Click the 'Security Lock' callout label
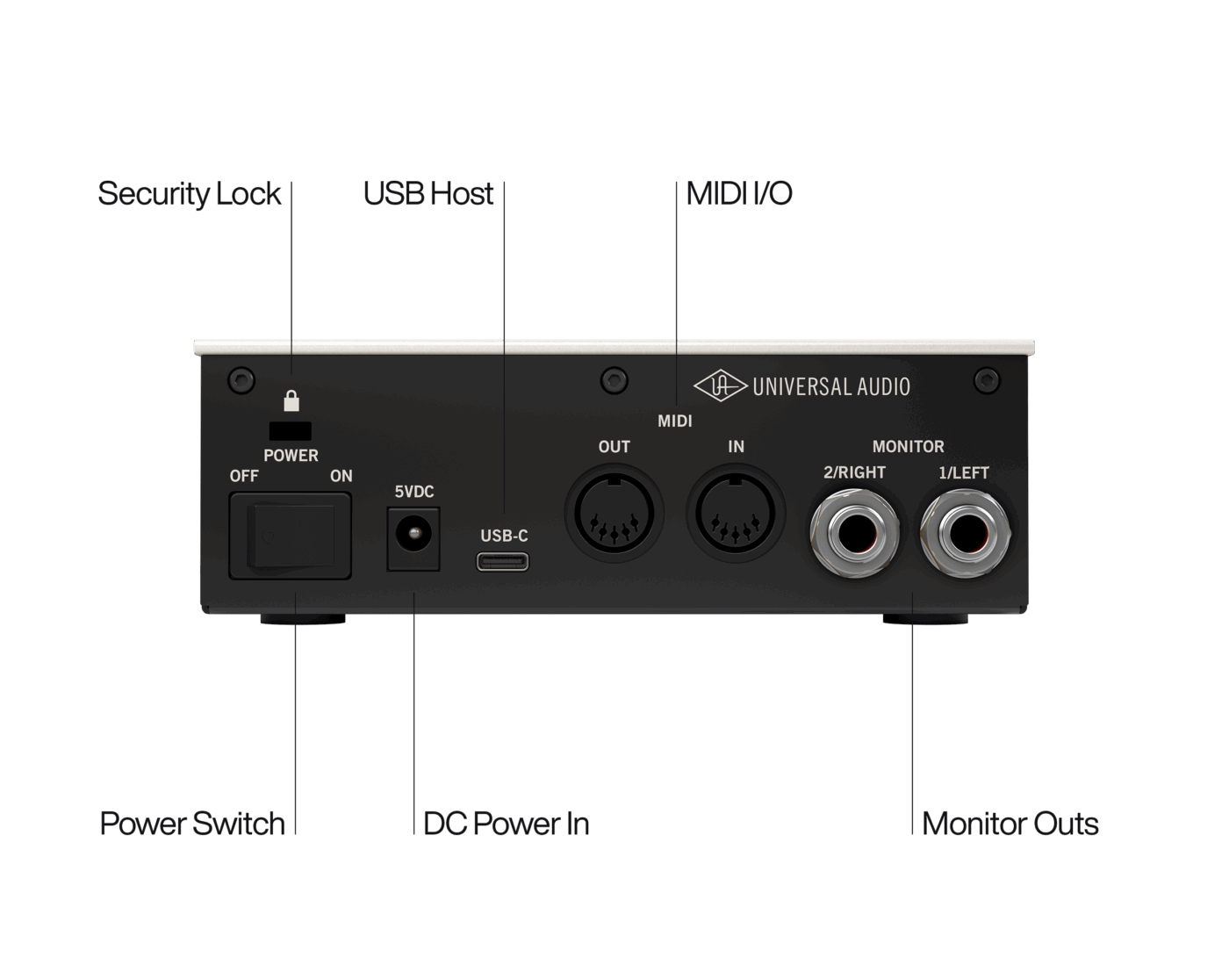point(189,195)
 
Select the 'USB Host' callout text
point(428,193)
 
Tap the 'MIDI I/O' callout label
point(738,193)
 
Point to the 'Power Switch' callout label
point(192,824)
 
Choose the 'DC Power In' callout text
point(507,824)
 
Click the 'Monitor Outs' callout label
point(1010,824)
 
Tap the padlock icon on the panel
point(291,400)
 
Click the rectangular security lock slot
point(291,431)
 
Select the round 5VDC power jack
point(413,533)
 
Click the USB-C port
point(503,562)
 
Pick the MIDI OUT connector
point(614,513)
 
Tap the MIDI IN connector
point(736,513)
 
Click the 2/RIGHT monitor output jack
point(854,533)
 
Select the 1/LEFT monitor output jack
point(966,533)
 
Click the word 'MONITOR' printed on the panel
point(908,446)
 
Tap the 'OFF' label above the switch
point(244,476)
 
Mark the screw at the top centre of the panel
point(614,380)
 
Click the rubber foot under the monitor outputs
point(925,619)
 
